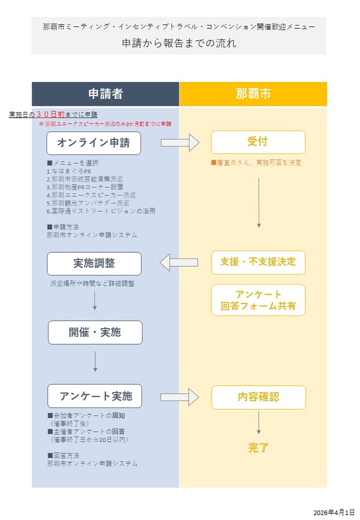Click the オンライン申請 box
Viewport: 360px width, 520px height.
[94, 143]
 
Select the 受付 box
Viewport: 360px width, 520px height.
[258, 142]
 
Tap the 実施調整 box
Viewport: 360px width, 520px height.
[94, 264]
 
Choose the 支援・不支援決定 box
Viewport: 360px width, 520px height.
[258, 262]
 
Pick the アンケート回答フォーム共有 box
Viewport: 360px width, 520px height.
[258, 300]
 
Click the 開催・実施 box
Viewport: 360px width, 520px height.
[95, 332]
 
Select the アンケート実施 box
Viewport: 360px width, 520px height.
[95, 396]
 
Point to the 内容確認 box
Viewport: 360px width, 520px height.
[259, 397]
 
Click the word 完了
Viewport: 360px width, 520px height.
[259, 447]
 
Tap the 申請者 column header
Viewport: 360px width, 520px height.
[106, 94]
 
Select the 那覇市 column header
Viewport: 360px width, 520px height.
[253, 94]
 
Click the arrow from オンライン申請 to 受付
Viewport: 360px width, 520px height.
[180, 142]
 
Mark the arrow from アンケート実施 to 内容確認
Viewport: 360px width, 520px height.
[179, 397]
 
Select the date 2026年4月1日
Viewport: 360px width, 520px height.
[334, 513]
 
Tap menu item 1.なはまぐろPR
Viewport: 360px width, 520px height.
[69, 172]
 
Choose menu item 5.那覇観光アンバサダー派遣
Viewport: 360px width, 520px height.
[88, 203]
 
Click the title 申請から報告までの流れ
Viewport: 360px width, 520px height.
[179, 43]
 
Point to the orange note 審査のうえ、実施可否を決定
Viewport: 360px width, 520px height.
[256, 163]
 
